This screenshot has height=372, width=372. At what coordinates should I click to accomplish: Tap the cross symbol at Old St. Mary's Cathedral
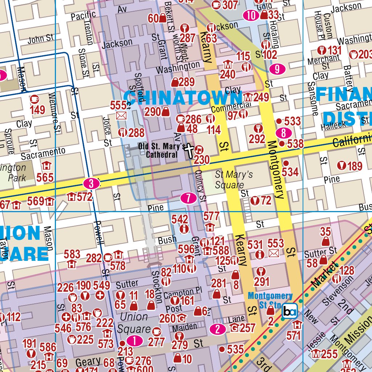pyautogui.click(x=189, y=151)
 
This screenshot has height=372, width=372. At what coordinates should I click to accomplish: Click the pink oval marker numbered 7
pyautogui.click(x=189, y=198)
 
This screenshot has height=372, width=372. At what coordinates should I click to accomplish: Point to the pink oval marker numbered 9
pyautogui.click(x=277, y=69)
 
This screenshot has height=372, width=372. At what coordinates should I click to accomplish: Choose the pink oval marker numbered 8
pyautogui.click(x=284, y=133)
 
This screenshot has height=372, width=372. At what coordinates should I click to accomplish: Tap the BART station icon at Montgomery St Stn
pyautogui.click(x=290, y=311)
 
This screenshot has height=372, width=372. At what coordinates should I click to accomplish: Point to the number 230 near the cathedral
pyautogui.click(x=202, y=159)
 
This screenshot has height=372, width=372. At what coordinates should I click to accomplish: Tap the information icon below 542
pyautogui.click(x=184, y=229)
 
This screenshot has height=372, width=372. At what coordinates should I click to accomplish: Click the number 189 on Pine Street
pyautogui.click(x=355, y=166)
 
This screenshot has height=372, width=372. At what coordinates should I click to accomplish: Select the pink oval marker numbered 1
pyautogui.click(x=135, y=341)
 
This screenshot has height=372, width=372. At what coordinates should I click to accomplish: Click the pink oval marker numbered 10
pyautogui.click(x=251, y=15)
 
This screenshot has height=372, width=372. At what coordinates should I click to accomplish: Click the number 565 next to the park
pyautogui.click(x=45, y=177)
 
